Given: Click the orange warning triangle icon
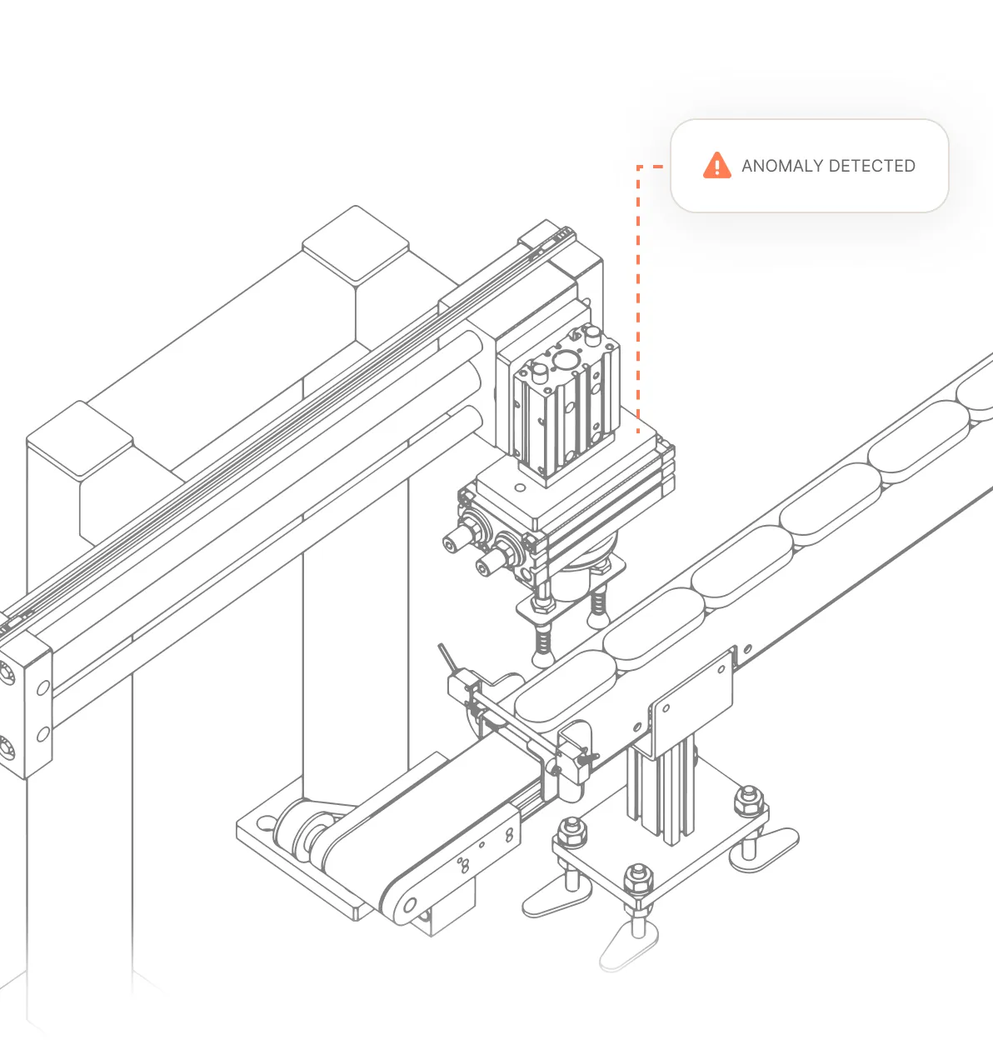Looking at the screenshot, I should [716, 166].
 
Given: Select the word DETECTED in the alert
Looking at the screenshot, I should [872, 166].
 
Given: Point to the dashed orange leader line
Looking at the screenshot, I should [639, 292].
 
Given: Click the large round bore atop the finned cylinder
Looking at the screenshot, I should [564, 359].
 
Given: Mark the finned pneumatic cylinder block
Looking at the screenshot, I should [566, 408].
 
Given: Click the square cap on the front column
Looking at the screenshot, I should [80, 439].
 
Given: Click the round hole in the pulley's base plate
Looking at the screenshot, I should [266, 823].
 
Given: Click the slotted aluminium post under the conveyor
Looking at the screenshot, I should [662, 787].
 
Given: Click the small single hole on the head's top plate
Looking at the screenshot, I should [521, 487].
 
